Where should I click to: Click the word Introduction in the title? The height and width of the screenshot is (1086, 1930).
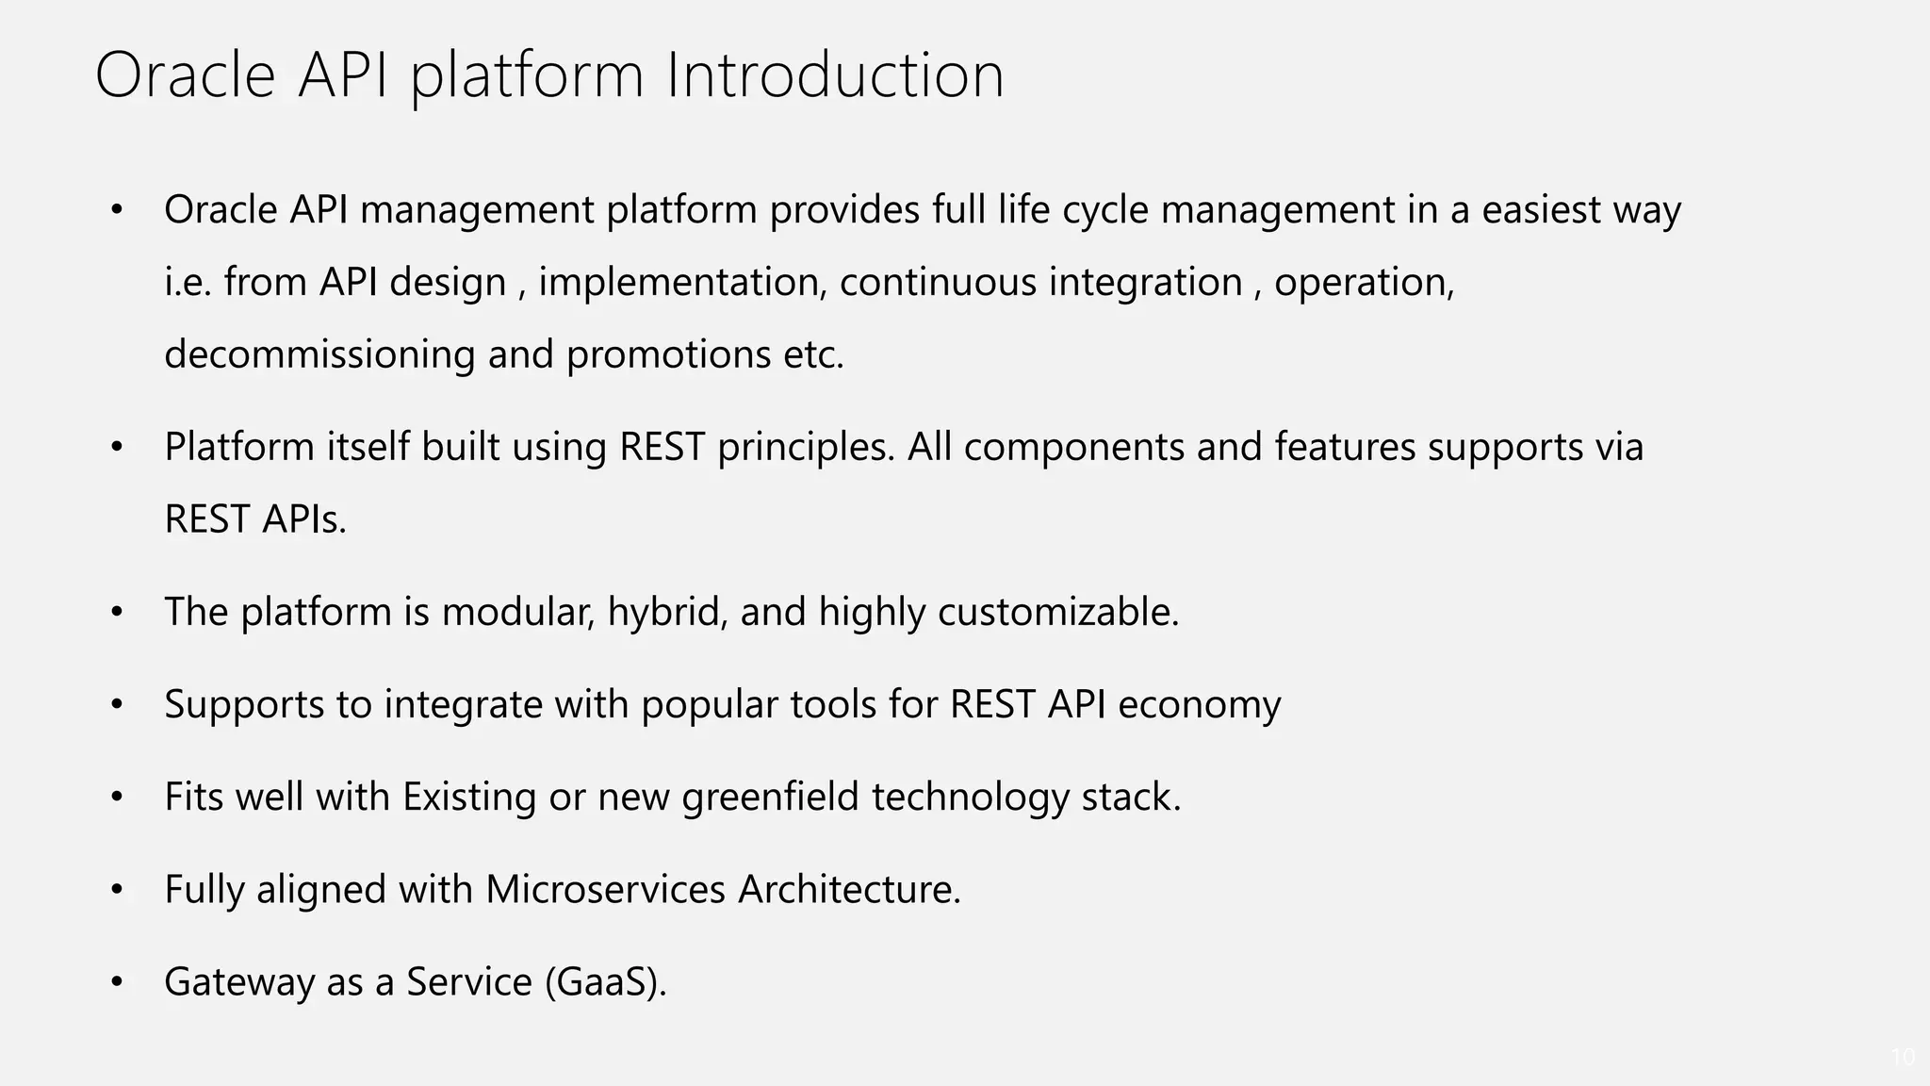(835, 75)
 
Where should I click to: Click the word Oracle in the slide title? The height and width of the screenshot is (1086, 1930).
(185, 75)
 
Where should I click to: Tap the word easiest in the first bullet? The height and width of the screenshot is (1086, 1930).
(1541, 209)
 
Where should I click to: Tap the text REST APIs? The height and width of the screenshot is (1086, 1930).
(255, 519)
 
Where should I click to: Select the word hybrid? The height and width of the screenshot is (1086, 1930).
(666, 612)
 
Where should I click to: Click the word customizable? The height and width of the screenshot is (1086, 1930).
(1057, 612)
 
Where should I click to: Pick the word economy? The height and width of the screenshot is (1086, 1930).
(1199, 704)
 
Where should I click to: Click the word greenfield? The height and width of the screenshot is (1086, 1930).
(770, 798)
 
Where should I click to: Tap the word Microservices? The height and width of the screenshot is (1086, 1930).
(605, 889)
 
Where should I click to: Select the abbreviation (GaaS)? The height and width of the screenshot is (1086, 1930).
(605, 982)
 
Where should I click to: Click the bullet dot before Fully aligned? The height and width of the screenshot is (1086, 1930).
(117, 890)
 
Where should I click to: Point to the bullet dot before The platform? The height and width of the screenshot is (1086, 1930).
(117, 613)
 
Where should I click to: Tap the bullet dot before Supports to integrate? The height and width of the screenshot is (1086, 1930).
(117, 705)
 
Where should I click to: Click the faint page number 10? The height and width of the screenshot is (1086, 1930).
(1902, 1057)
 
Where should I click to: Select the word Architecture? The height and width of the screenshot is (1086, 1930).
(848, 889)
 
